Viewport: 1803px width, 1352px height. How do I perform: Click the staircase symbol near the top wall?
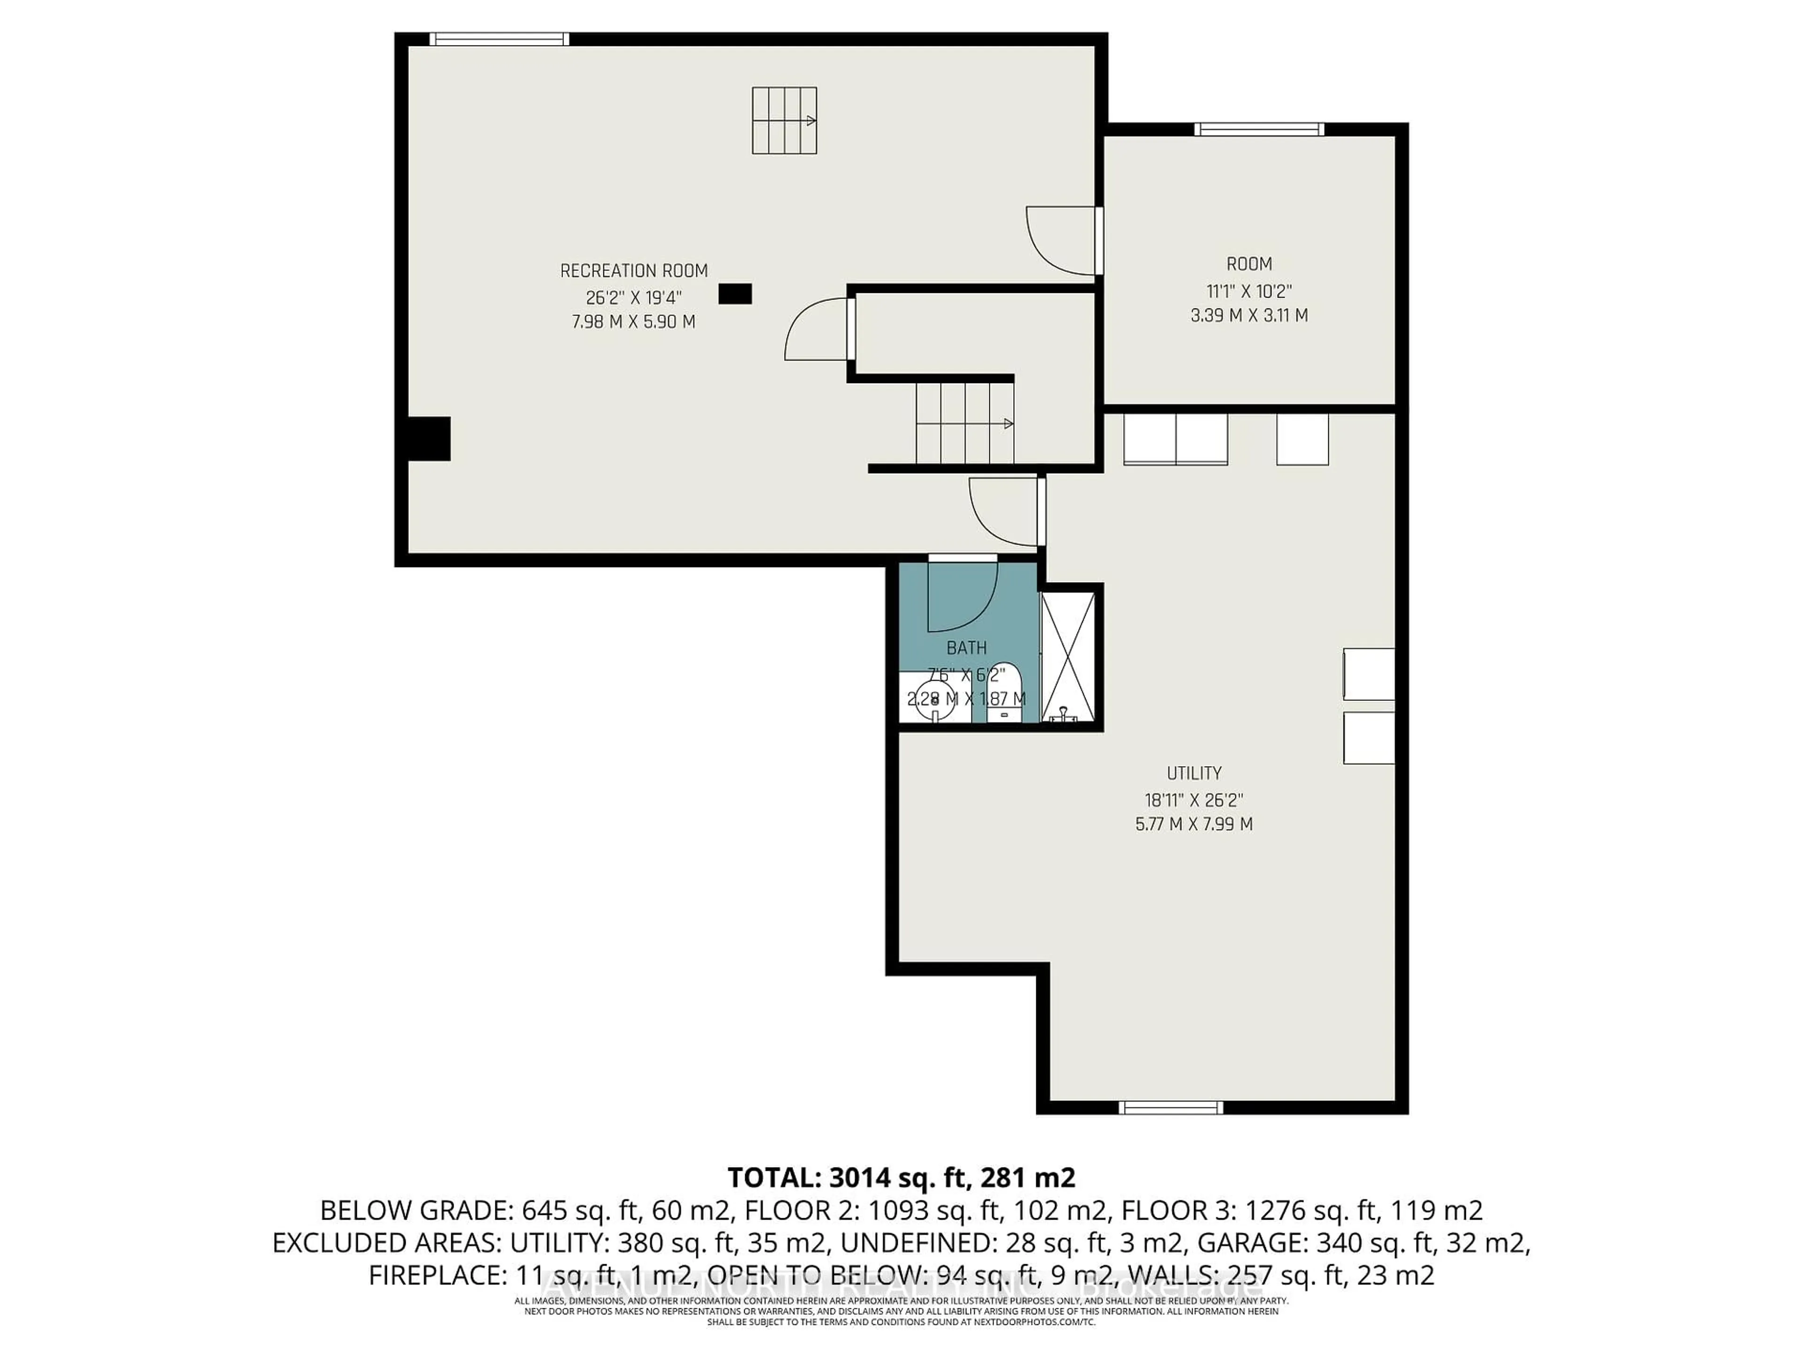[783, 121]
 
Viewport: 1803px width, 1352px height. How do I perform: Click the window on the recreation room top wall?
[498, 39]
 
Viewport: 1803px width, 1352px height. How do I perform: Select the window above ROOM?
[1258, 129]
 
